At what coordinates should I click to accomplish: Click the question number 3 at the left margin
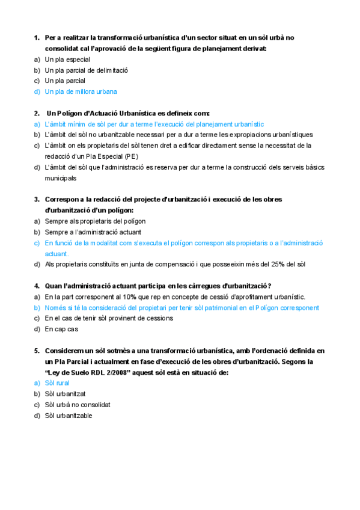(36, 199)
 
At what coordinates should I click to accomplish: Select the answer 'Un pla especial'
(67, 60)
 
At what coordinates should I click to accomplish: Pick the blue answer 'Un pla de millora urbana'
(81, 91)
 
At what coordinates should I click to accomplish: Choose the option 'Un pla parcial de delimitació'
(86, 70)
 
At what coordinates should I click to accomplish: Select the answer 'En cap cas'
(61, 329)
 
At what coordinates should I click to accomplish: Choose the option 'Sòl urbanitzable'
(69, 415)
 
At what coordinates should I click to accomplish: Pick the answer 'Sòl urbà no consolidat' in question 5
(78, 404)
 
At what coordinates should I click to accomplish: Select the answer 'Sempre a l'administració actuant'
(93, 232)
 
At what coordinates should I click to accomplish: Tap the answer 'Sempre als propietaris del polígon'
(95, 221)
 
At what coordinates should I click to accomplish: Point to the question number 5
(36, 350)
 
